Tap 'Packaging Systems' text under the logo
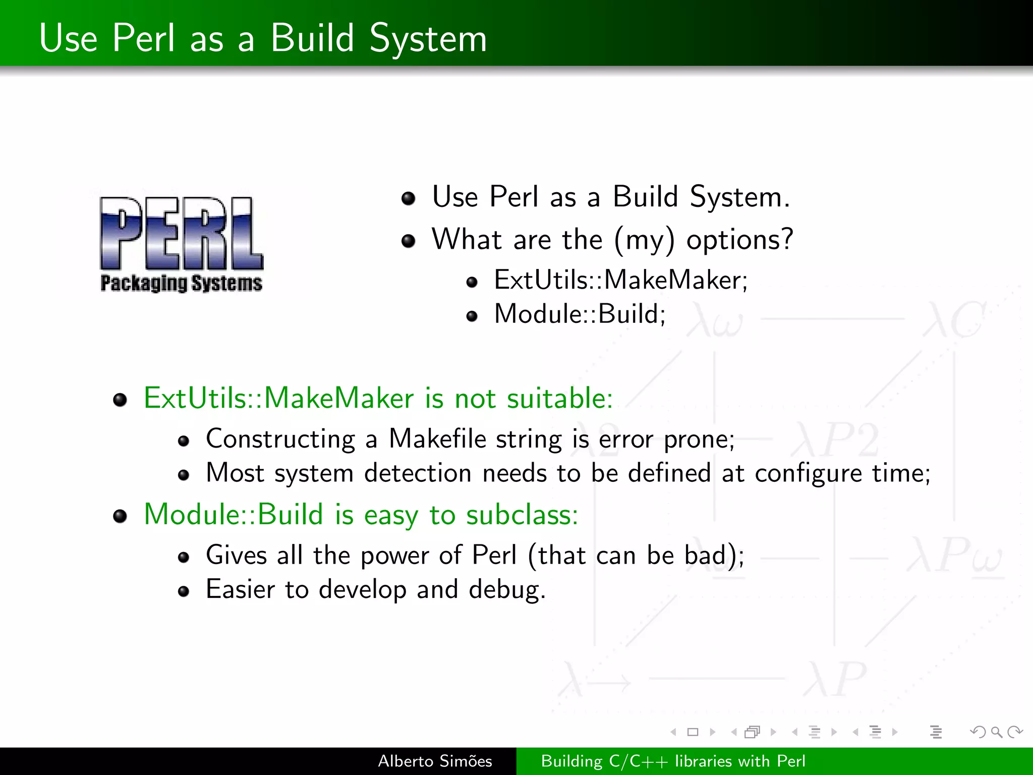[182, 284]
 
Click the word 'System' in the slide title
[428, 38]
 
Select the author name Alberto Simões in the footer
[435, 761]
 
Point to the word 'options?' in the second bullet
[739, 239]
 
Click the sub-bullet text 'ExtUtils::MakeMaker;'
[620, 280]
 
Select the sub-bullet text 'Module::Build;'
[580, 314]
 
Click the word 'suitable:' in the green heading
[560, 398]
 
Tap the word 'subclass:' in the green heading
[522, 515]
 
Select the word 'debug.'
[507, 589]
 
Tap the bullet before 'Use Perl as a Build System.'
[408, 198]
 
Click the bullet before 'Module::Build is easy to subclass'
[120, 516]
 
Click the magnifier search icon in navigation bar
[996, 732]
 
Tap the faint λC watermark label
[953, 319]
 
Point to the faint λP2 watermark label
[835, 439]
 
